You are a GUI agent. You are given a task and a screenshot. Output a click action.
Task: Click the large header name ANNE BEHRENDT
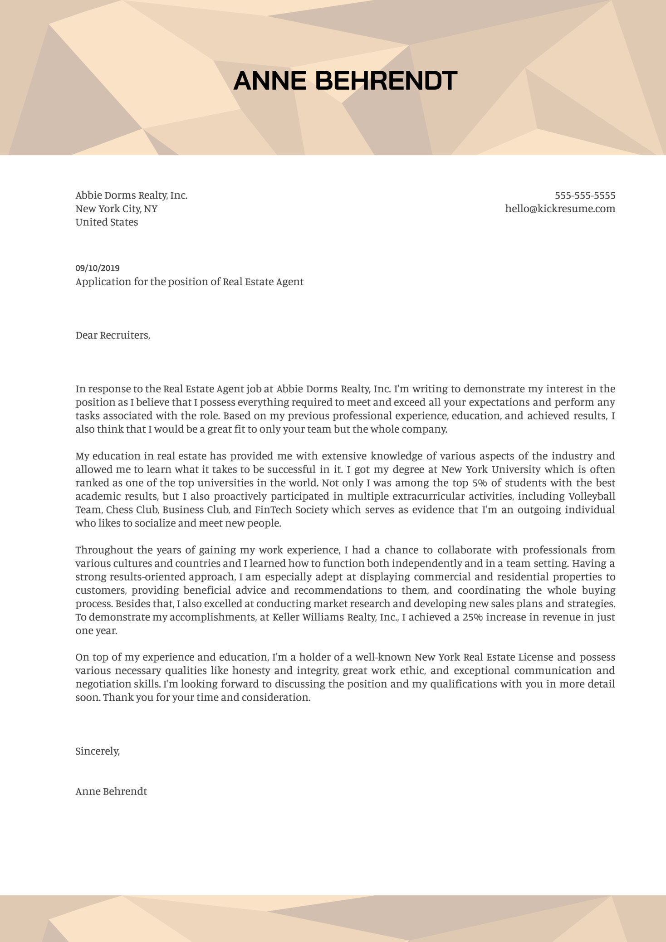pyautogui.click(x=345, y=81)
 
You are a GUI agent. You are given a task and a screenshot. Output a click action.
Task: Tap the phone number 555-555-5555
pyautogui.click(x=585, y=195)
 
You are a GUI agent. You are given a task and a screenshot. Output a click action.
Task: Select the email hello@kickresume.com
pyautogui.click(x=560, y=209)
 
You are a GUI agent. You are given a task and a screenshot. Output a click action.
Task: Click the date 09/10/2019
pyautogui.click(x=98, y=268)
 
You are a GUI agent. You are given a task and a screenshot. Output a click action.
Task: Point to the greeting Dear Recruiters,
pyautogui.click(x=113, y=335)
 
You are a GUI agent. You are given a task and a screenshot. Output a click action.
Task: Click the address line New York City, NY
pyautogui.click(x=116, y=209)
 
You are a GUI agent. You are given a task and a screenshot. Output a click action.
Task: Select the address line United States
pyautogui.click(x=107, y=222)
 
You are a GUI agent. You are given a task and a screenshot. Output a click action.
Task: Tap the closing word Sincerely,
pyautogui.click(x=98, y=751)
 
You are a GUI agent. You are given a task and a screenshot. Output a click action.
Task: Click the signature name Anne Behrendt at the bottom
pyautogui.click(x=111, y=791)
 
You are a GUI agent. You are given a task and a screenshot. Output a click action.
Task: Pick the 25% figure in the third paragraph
pyautogui.click(x=473, y=617)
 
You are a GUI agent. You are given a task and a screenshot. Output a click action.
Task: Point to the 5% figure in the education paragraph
pyautogui.click(x=480, y=483)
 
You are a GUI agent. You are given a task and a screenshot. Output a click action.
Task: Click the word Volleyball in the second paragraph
pyautogui.click(x=592, y=496)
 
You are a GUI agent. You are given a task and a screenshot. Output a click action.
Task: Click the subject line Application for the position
pyautogui.click(x=189, y=282)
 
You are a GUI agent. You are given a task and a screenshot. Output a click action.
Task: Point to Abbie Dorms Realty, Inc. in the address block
pyautogui.click(x=131, y=195)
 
